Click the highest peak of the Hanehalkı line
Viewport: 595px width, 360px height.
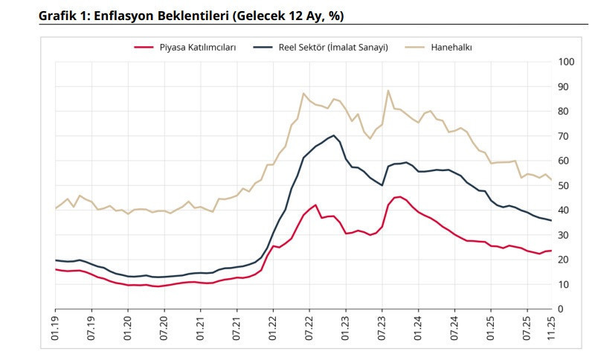(x=388, y=91)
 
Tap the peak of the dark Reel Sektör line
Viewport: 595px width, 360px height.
(x=334, y=135)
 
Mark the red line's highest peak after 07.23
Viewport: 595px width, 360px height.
(x=399, y=196)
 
